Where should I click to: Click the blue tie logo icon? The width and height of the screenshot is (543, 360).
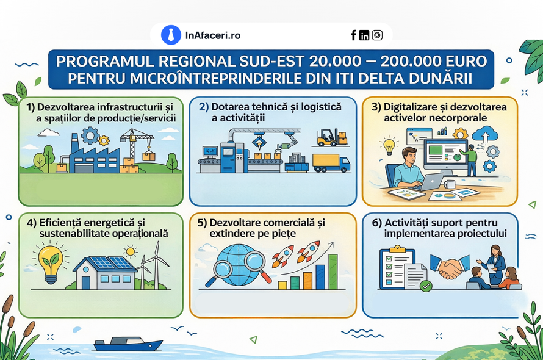pyautogui.click(x=171, y=35)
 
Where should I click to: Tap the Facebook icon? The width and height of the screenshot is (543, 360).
pyautogui.click(x=354, y=35)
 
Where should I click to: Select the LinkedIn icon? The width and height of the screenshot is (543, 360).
pyautogui.click(x=364, y=35)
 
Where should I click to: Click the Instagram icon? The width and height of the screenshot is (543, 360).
pyautogui.click(x=377, y=35)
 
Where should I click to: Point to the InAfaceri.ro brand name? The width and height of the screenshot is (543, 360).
pyautogui.click(x=213, y=35)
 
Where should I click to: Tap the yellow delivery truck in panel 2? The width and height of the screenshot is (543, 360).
pyautogui.click(x=331, y=163)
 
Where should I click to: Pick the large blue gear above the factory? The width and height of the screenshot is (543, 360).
pyautogui.click(x=90, y=135)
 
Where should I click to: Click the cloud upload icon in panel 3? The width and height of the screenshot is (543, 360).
pyautogui.click(x=485, y=134)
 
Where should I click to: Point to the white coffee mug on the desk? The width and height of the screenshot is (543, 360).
pyautogui.click(x=449, y=184)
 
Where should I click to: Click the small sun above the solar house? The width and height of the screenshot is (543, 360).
pyautogui.click(x=130, y=251)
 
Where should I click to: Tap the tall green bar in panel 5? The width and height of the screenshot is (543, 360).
pyautogui.click(x=333, y=272)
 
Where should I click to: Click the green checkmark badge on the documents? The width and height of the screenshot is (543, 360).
pyautogui.click(x=426, y=286)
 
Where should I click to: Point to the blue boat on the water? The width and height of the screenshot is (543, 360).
pyautogui.click(x=128, y=344)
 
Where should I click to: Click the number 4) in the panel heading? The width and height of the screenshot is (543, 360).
pyautogui.click(x=32, y=223)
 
